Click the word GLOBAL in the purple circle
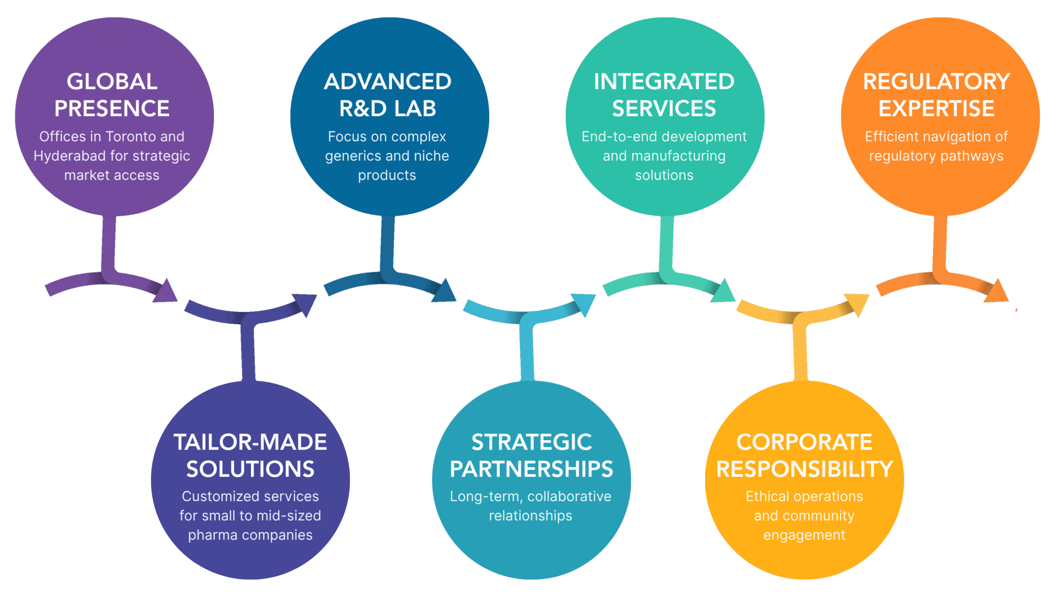pyautogui.click(x=112, y=82)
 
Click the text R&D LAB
pyautogui.click(x=387, y=109)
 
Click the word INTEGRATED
pyautogui.click(x=664, y=82)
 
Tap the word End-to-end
pyautogui.click(x=605, y=137)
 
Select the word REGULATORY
pyautogui.click(x=936, y=82)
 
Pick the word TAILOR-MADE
pyautogui.click(x=250, y=442)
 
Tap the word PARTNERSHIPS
pyautogui.click(x=531, y=469)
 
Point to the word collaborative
pyautogui.click(x=569, y=497)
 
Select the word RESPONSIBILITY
pyautogui.click(x=804, y=469)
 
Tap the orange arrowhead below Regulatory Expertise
pyautogui.click(x=997, y=292)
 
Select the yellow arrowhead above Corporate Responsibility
pyautogui.click(x=857, y=303)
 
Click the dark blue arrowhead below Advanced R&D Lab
pyautogui.click(x=445, y=292)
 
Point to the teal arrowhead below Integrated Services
pyautogui.click(x=724, y=292)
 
